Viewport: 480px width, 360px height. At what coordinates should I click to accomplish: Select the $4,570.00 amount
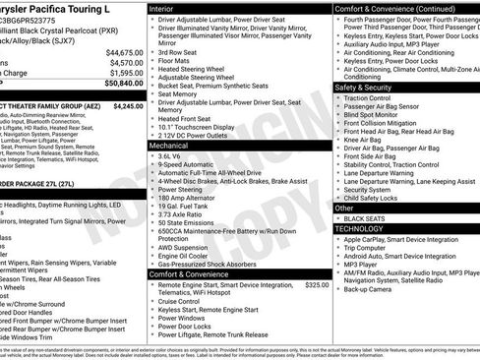tap(125, 62)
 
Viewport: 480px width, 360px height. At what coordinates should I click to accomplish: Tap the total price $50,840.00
tap(123, 84)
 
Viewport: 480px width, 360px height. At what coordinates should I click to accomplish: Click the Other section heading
tap(344, 209)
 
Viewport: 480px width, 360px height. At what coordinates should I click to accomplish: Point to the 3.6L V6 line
tap(175, 155)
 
